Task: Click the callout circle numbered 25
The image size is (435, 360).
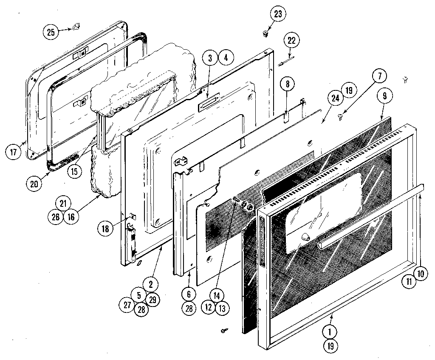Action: pos(51,32)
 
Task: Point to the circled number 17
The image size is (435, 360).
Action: pos(14,152)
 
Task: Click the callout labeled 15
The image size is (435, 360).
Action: pos(74,172)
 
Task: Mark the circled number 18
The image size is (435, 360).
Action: pos(105,228)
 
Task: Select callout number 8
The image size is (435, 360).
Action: pos(287,84)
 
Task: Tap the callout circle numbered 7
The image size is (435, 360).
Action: pos(379,76)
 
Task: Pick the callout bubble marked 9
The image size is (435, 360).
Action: pos(384,96)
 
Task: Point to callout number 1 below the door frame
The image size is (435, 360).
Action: pos(330,330)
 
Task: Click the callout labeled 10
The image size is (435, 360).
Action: pos(421,274)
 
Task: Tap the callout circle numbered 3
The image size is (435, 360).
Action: pos(210,58)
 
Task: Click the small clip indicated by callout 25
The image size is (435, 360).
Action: pos(76,28)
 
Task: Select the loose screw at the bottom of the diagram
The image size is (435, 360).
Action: pos(223,330)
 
